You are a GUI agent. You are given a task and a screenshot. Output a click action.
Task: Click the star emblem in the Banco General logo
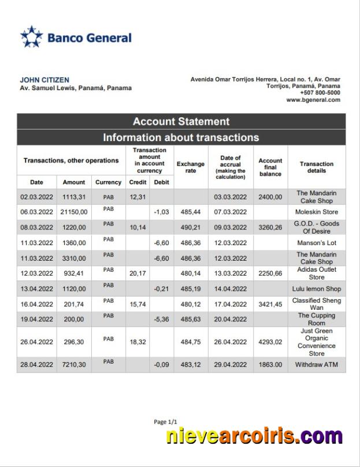click(x=31, y=37)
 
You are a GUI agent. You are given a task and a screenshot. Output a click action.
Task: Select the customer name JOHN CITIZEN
click(x=44, y=80)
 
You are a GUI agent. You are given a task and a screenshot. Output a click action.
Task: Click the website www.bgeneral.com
click(x=313, y=100)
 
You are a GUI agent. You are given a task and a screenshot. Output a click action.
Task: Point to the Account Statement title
click(x=181, y=121)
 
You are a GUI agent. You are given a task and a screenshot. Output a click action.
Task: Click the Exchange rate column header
click(x=191, y=167)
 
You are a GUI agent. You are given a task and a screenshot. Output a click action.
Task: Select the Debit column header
click(x=161, y=182)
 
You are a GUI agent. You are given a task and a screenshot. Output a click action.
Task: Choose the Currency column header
click(x=108, y=182)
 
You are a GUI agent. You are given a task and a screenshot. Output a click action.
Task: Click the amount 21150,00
click(x=74, y=212)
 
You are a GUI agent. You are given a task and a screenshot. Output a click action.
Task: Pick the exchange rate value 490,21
click(x=191, y=228)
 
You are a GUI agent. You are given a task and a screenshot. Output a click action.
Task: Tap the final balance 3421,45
click(x=270, y=304)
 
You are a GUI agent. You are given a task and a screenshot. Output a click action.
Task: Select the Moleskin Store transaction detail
click(x=317, y=212)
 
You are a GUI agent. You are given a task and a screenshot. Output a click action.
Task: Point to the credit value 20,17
click(x=138, y=273)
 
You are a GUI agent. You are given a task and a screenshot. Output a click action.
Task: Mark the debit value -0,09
click(x=161, y=365)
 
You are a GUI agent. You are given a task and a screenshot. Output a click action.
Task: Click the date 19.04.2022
click(x=36, y=319)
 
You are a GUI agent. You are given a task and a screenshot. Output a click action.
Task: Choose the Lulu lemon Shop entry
click(x=317, y=288)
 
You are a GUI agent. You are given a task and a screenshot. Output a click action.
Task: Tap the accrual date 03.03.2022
click(x=230, y=197)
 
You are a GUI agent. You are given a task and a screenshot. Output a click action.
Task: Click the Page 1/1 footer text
click(x=166, y=422)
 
